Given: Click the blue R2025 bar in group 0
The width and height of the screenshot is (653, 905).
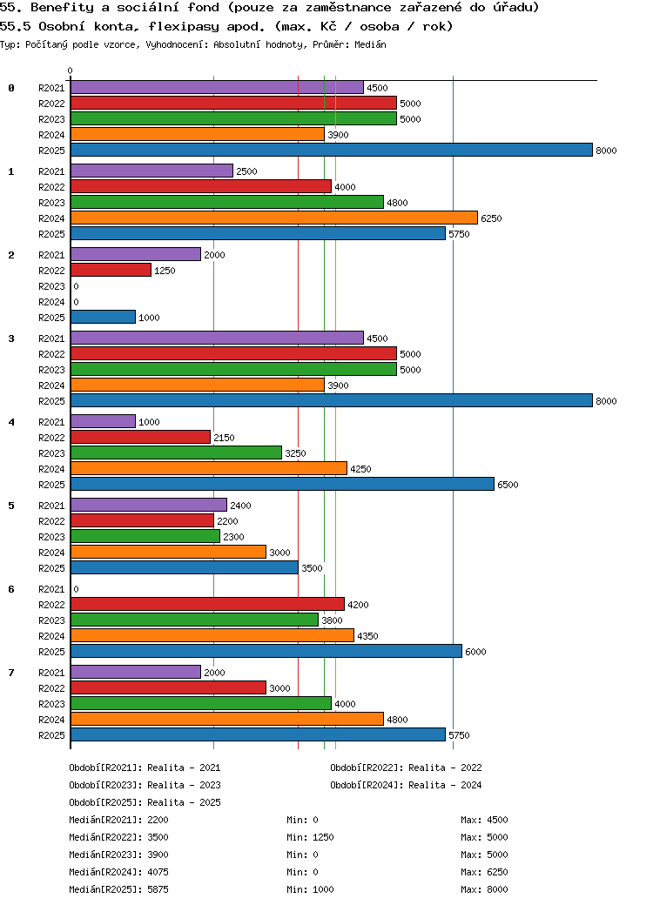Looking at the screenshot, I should click(331, 151).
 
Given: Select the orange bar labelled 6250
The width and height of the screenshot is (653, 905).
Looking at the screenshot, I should click(273, 218).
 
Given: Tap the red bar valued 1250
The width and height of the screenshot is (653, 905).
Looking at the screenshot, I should click(111, 271).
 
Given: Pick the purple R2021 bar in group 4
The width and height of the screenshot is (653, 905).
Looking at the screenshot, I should click(103, 422).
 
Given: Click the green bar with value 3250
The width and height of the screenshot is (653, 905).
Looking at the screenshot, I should click(176, 453).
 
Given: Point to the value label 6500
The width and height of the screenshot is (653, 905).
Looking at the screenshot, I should click(508, 485).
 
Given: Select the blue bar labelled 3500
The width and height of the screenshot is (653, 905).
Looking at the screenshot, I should click(184, 568).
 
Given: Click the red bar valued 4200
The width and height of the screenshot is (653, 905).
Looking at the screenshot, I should click(207, 605).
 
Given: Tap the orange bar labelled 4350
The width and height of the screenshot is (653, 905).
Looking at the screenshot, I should click(212, 636).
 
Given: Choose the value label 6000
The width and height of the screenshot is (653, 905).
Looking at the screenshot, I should click(475, 652).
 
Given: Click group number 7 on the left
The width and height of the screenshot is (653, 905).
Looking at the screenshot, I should click(11, 673).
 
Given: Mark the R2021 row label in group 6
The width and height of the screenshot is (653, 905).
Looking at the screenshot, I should click(51, 589).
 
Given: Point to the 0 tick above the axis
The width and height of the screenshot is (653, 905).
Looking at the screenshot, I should click(71, 71).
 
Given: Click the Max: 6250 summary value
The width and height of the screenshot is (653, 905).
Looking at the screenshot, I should click(484, 872).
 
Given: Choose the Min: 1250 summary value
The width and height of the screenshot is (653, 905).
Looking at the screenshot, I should click(310, 837).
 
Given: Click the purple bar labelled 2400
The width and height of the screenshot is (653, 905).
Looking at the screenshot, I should click(148, 506).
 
